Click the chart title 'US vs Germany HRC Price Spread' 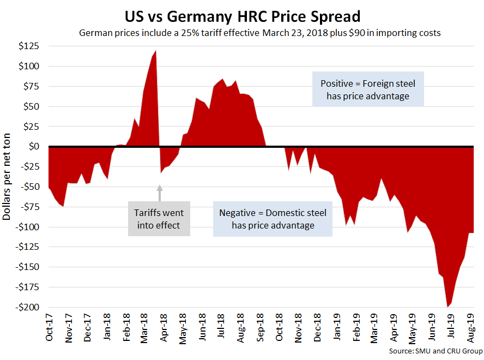pyautogui.click(x=241, y=15)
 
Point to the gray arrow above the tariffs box pyautogui.click(x=160, y=193)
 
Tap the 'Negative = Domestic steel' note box pyautogui.click(x=273, y=219)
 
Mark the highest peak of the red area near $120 pyautogui.click(x=156, y=51)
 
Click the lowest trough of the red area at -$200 pyautogui.click(x=447, y=306)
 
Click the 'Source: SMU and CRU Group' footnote pyautogui.click(x=435, y=350)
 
